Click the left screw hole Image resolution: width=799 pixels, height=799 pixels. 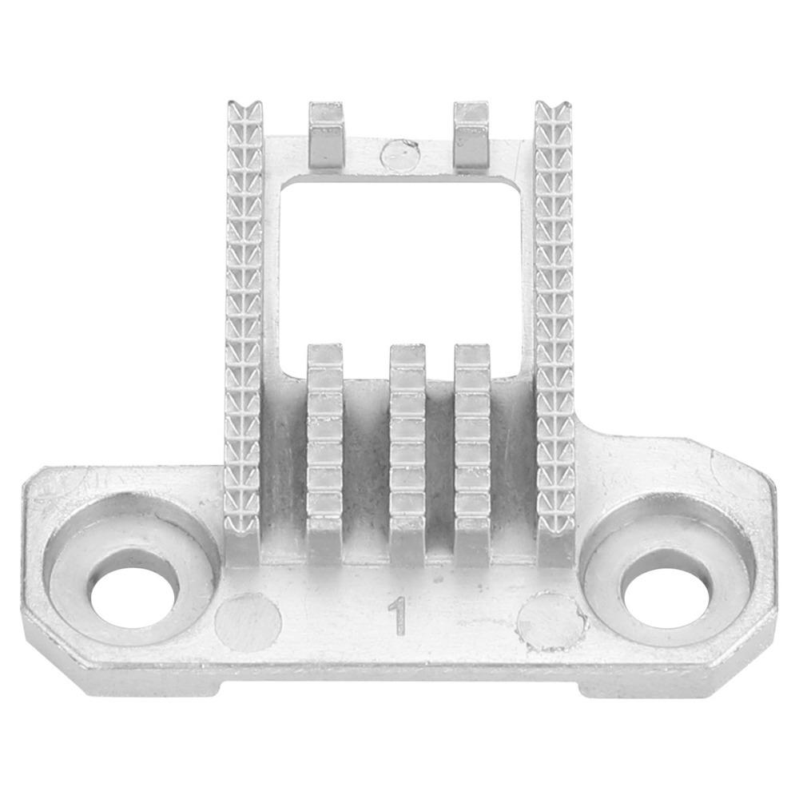pos(134,593)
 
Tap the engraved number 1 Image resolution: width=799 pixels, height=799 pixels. pos(398,617)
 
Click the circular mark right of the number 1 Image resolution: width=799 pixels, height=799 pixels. pos(550,621)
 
